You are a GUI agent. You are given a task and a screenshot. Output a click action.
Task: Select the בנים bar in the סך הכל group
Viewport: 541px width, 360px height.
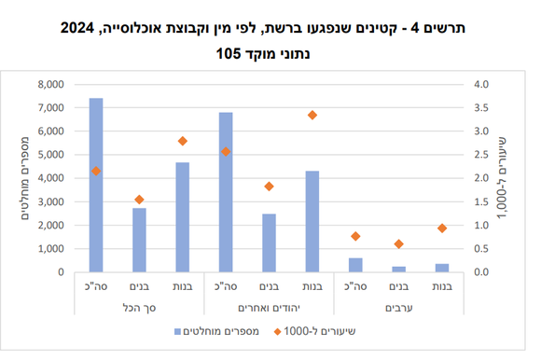pyautogui.click(x=139, y=240)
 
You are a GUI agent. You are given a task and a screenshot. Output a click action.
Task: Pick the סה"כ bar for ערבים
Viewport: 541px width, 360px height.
pyautogui.click(x=354, y=265)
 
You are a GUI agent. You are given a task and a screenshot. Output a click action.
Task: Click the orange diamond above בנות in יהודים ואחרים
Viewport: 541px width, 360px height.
pyautogui.click(x=312, y=115)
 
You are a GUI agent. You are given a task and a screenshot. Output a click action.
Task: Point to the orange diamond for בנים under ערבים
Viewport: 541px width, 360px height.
pyautogui.click(x=398, y=244)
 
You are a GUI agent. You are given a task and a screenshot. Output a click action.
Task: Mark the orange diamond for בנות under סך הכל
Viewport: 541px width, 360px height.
pyautogui.click(x=183, y=141)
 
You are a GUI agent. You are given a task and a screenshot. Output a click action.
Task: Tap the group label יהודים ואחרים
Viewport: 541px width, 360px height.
pyautogui.click(x=269, y=306)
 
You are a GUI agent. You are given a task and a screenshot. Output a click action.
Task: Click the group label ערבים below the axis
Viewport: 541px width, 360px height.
pyautogui.click(x=398, y=306)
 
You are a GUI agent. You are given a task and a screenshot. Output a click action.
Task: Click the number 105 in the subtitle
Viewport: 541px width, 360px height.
pyautogui.click(x=226, y=55)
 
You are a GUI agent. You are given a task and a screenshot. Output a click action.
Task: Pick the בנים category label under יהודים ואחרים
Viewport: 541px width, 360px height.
pyautogui.click(x=269, y=287)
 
